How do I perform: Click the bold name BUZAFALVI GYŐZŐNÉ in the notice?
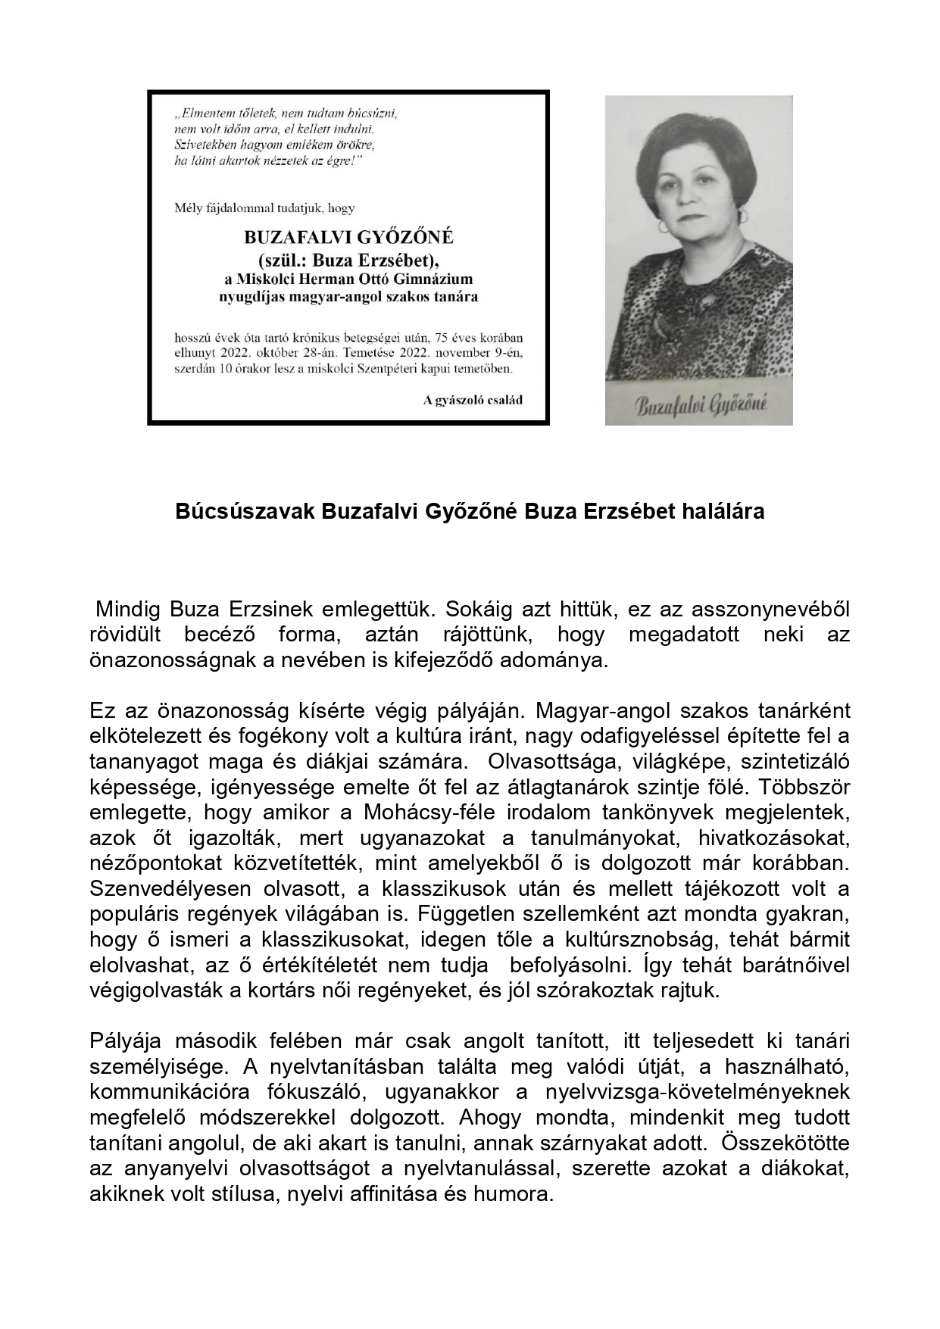pos(348,237)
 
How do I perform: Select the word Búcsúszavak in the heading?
pos(245,512)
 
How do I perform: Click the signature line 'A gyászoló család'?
pos(473,400)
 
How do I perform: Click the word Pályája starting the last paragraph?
pos(126,1041)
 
